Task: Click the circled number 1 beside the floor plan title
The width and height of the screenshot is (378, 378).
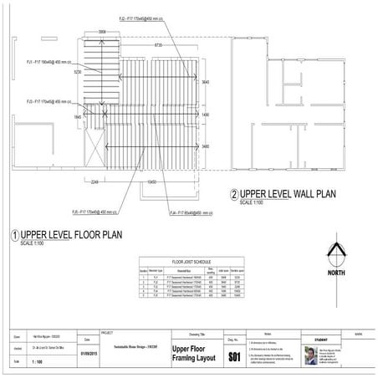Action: (13, 236)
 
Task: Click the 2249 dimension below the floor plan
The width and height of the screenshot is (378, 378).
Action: (95, 180)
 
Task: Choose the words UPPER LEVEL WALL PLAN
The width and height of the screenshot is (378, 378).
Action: (289, 194)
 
